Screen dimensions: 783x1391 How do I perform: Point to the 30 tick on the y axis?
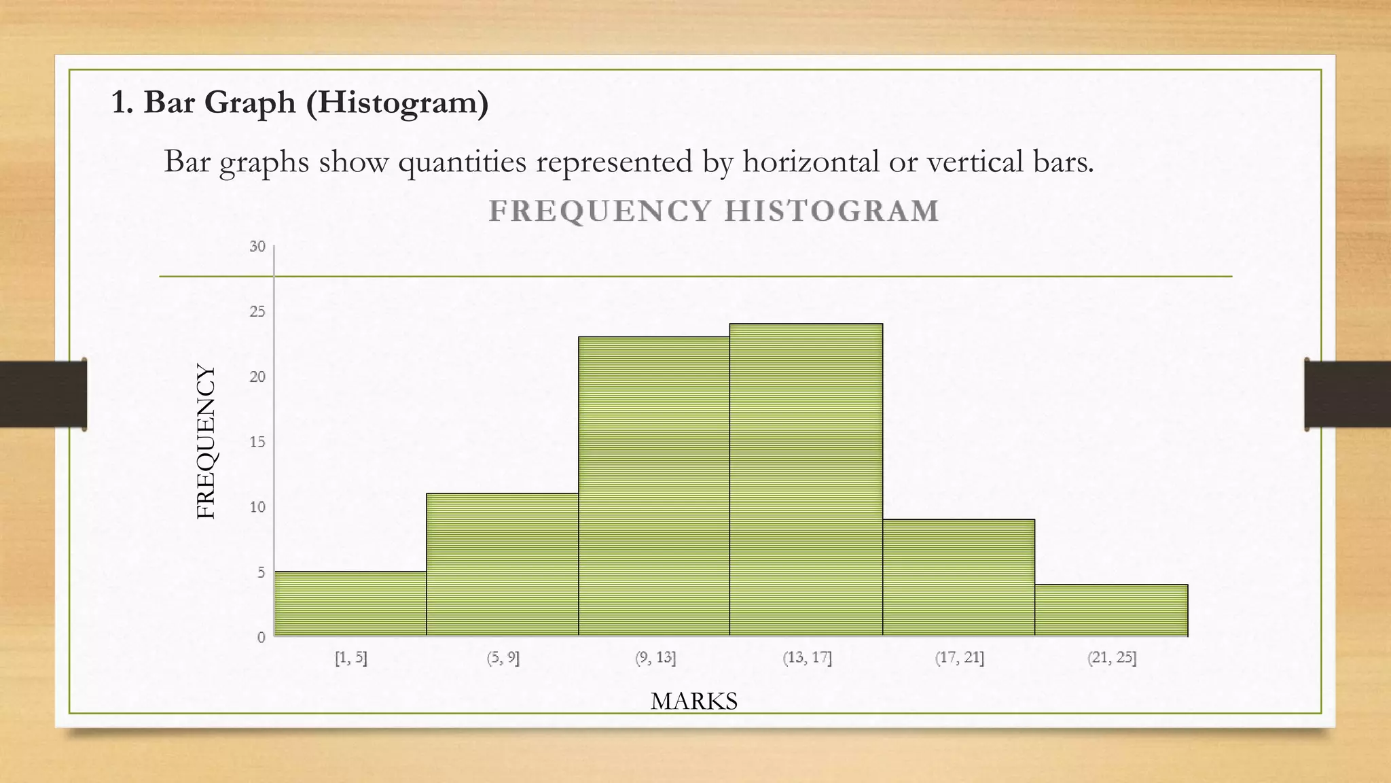[x=257, y=247]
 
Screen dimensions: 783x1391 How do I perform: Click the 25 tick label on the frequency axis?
[x=257, y=312]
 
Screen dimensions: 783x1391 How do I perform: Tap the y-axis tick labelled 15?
[x=257, y=442]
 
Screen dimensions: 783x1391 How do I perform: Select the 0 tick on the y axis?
[x=261, y=638]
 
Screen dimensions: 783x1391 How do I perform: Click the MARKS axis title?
[x=693, y=701]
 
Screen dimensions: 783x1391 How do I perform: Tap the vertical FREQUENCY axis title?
[x=206, y=442]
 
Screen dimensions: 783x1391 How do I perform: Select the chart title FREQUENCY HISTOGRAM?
[x=714, y=211]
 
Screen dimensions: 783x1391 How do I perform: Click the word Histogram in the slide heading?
[x=397, y=103]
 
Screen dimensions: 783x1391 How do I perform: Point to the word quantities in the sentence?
[x=463, y=162]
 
